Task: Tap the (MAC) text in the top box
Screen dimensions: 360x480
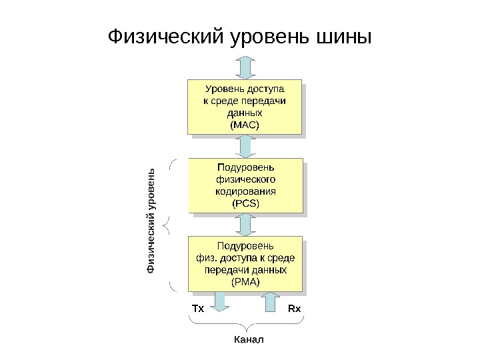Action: tap(244, 125)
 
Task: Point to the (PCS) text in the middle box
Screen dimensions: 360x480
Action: tap(245, 203)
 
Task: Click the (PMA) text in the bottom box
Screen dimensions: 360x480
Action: tap(245, 282)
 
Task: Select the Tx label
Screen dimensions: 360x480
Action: tap(197, 309)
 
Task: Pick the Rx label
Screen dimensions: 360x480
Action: tap(294, 309)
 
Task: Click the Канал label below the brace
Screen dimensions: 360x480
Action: tap(249, 340)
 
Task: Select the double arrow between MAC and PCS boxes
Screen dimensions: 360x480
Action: tap(245, 145)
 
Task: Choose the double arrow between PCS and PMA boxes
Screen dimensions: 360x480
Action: tap(245, 224)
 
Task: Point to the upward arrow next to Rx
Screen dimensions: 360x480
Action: tap(270, 302)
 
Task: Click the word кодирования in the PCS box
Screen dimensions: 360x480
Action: tap(245, 191)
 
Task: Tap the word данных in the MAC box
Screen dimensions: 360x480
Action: tap(244, 113)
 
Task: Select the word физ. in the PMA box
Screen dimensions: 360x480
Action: tap(207, 258)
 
